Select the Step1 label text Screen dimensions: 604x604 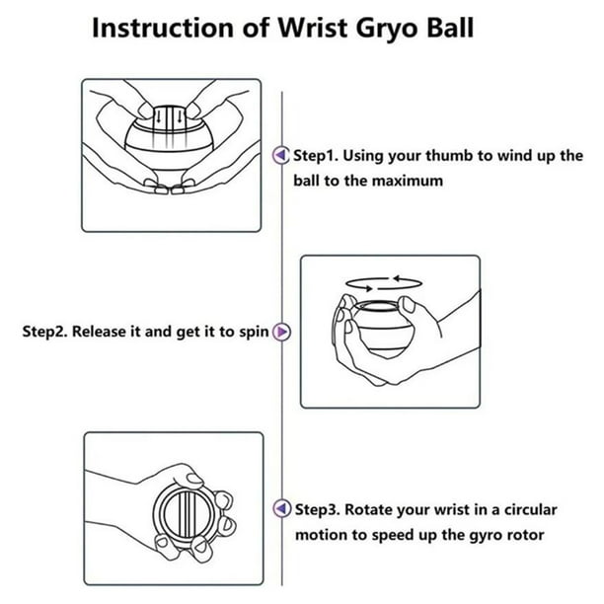[x=318, y=155]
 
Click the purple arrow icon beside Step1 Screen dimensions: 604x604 [x=282, y=155]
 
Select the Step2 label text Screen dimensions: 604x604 [x=46, y=333]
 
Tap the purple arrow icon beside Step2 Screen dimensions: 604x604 [x=282, y=333]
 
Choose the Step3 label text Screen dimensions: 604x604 [x=318, y=510]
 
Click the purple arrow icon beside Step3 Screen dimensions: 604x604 [x=282, y=510]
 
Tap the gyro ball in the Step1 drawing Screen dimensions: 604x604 [x=170, y=143]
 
